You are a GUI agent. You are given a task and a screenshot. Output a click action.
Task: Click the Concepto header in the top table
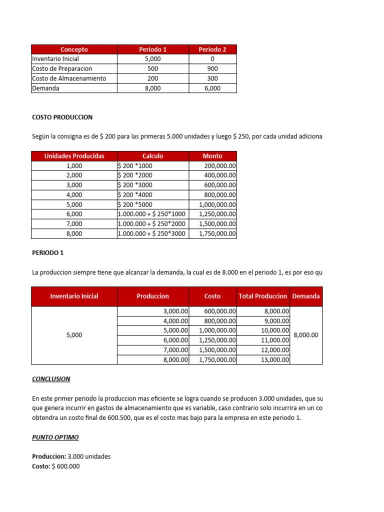coord(74,49)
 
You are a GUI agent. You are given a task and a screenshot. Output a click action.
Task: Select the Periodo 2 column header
coord(212,49)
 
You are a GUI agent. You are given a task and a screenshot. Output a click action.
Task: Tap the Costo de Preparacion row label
coord(62,68)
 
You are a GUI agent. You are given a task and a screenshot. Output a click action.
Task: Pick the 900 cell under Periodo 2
coord(212,68)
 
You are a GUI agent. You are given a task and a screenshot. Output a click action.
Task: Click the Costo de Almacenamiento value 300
coord(212,78)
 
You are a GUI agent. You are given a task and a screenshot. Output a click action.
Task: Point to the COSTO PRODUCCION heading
coord(62,117)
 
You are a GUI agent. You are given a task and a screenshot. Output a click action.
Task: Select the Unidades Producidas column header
coord(74,156)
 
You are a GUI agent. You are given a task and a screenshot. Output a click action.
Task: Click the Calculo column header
coord(152,156)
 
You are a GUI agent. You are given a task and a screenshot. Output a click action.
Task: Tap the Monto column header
coord(212,156)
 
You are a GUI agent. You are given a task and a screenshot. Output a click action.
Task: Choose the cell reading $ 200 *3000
coord(135,185)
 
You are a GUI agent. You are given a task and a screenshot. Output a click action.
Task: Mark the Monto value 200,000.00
coord(220,166)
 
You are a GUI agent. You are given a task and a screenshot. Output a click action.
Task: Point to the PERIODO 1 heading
coord(47,252)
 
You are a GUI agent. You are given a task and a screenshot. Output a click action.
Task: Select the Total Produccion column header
coord(263,296)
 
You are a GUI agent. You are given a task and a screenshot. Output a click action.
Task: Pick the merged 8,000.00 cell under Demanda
coord(306,335)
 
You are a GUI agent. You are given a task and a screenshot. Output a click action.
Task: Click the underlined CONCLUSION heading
coord(51,379)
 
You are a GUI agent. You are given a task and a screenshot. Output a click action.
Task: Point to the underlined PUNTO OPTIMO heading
coord(55,437)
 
